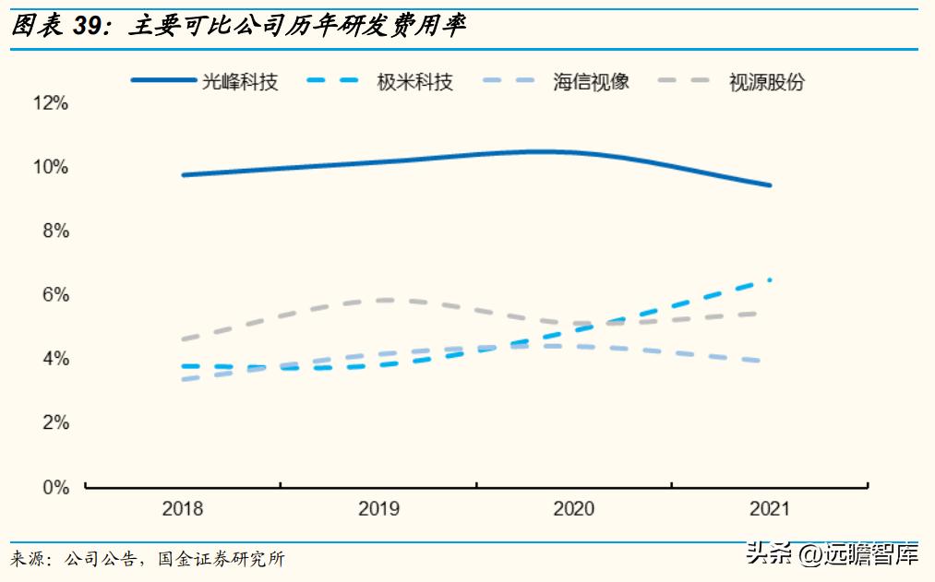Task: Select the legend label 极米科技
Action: click(x=415, y=81)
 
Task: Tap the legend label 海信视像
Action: click(x=592, y=81)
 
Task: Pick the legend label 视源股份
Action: click(x=767, y=81)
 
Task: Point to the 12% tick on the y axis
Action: click(x=51, y=103)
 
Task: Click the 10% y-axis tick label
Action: click(x=51, y=167)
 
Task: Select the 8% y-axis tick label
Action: click(x=54, y=231)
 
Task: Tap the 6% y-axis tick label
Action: click(x=54, y=295)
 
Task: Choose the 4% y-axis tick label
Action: click(x=54, y=359)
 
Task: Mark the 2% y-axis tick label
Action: click(x=54, y=422)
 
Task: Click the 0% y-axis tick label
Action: click(x=54, y=487)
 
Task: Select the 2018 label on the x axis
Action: click(x=183, y=509)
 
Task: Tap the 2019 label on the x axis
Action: click(x=378, y=509)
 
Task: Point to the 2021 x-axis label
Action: click(x=769, y=509)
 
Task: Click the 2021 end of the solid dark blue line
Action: click(x=769, y=184)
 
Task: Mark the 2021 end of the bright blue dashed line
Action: click(x=769, y=279)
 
